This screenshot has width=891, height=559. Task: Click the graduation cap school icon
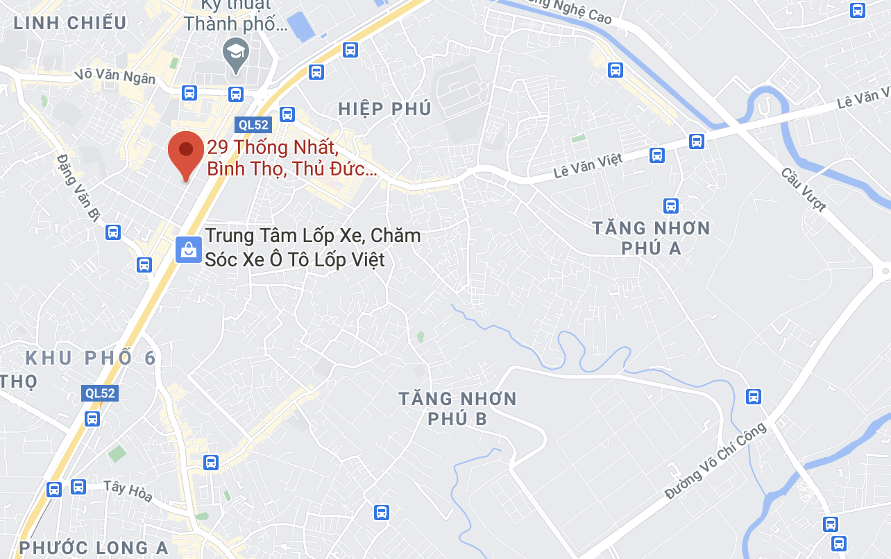(236, 53)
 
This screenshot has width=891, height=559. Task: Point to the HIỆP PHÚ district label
(385, 109)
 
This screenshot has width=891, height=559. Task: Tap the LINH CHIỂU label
(71, 23)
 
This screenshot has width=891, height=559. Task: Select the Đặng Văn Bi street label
(78, 187)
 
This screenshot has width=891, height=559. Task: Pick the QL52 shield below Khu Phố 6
(100, 393)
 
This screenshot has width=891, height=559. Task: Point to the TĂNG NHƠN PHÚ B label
(457, 409)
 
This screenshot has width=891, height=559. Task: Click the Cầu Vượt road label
(804, 189)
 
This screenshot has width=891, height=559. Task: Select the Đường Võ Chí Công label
(715, 460)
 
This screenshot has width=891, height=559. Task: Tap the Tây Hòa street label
(128, 491)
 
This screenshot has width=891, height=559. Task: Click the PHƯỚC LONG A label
(94, 548)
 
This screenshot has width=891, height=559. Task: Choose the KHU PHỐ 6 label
(90, 359)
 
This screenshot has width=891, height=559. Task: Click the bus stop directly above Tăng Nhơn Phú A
(670, 205)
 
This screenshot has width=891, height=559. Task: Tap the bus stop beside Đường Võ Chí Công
(754, 397)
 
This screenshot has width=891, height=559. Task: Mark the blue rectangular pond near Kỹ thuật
(302, 26)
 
